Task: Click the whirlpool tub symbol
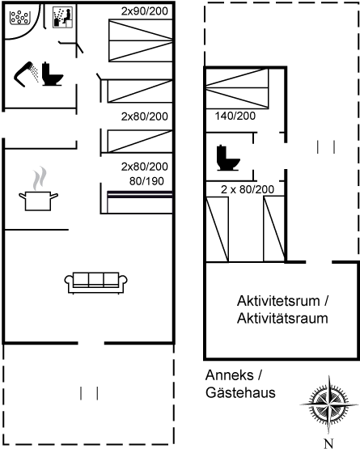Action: click(20, 17)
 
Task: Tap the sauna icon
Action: click(63, 18)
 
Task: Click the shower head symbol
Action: click(26, 74)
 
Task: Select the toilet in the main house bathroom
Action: click(53, 74)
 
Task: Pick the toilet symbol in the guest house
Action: click(228, 158)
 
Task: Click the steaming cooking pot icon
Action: click(39, 189)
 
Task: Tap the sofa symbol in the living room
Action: click(96, 283)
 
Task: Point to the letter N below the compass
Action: click(328, 443)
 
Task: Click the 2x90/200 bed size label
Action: click(145, 11)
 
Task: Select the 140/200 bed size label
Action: click(235, 116)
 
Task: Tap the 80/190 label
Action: click(146, 181)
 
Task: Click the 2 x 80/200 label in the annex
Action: click(248, 189)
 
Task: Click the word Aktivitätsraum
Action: click(282, 319)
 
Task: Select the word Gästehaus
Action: click(240, 393)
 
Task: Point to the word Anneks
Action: click(230, 375)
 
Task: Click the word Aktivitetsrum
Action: click(278, 301)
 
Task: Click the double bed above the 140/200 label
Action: click(237, 88)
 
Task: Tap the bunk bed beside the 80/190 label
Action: click(140, 201)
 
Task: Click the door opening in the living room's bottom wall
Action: click(91, 343)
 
